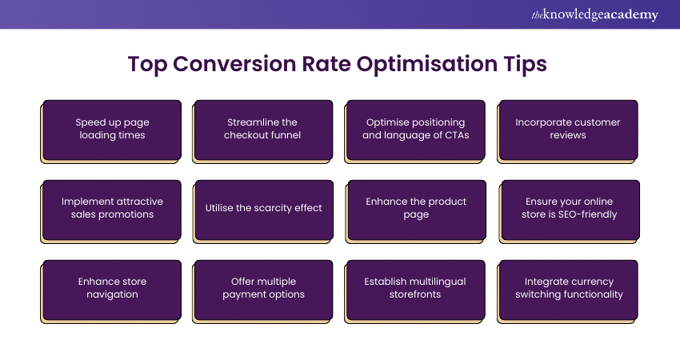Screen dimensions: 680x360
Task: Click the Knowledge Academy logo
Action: pyautogui.click(x=594, y=14)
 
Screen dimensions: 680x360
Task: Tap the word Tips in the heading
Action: pyautogui.click(x=525, y=65)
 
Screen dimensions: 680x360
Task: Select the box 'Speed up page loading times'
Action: pyautogui.click(x=111, y=131)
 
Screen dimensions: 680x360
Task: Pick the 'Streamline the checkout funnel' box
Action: pyautogui.click(x=263, y=131)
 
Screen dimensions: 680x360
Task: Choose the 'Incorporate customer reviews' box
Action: pyautogui.click(x=568, y=131)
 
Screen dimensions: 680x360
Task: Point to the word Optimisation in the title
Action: pyautogui.click(x=427, y=65)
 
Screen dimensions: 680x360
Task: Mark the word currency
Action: pyautogui.click(x=590, y=282)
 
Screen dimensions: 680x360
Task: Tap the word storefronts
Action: pyautogui.click(x=415, y=294)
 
